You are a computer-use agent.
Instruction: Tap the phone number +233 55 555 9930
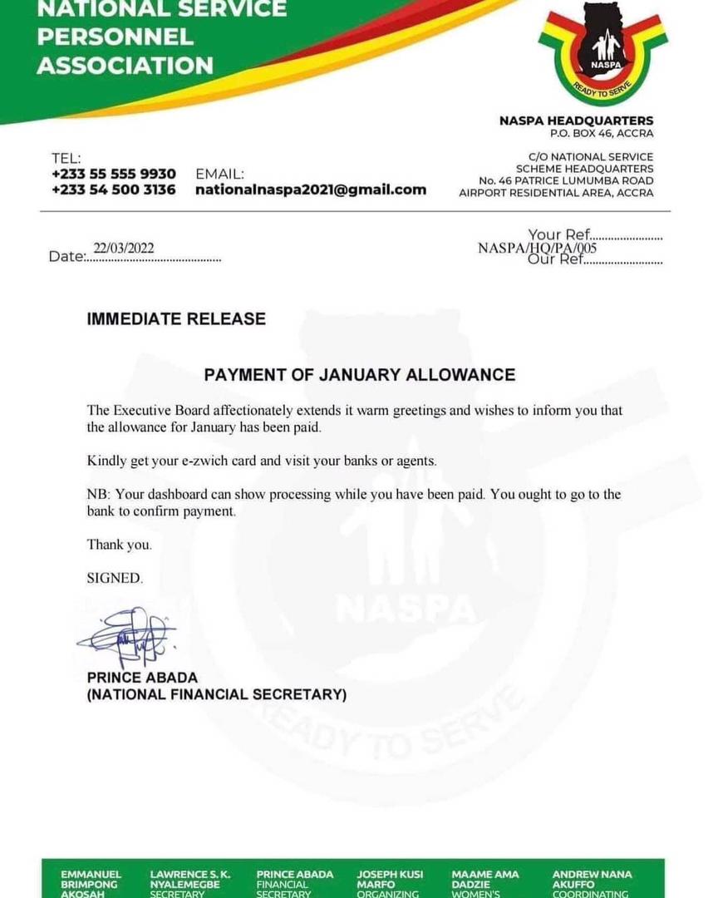(x=114, y=174)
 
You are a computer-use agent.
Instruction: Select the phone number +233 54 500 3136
(x=114, y=190)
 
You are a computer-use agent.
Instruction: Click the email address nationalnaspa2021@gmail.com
(x=311, y=190)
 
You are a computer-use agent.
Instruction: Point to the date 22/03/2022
(x=124, y=249)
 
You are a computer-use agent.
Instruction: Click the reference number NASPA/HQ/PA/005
(x=537, y=248)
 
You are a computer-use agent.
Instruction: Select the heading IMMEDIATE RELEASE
(x=176, y=318)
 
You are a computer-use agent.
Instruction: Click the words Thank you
(x=120, y=545)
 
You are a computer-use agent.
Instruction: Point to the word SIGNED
(x=115, y=578)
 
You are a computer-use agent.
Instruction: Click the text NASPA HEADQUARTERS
(x=576, y=121)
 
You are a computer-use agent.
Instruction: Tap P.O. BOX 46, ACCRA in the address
(x=602, y=133)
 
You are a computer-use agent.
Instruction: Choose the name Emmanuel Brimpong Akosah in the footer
(x=91, y=884)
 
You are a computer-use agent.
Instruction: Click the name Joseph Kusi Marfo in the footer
(x=390, y=884)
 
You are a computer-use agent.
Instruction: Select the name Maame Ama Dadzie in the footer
(x=484, y=884)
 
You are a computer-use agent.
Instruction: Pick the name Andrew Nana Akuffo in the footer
(x=592, y=884)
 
